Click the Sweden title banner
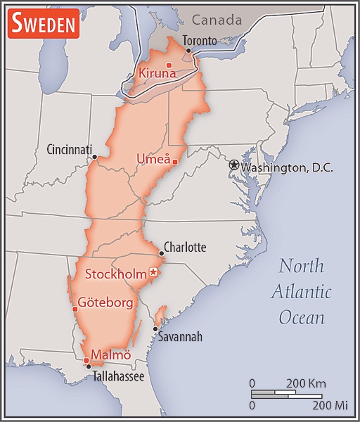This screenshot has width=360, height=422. (x=42, y=25)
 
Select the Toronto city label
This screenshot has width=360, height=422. (x=200, y=41)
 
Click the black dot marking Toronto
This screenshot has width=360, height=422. (x=188, y=51)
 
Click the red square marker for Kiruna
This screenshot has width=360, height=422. (x=169, y=65)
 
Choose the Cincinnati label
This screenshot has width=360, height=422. (x=70, y=150)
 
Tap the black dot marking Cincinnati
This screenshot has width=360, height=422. (x=94, y=158)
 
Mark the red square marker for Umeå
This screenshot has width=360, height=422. (x=174, y=162)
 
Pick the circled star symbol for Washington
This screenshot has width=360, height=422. (x=234, y=165)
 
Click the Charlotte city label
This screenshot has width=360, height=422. (x=185, y=248)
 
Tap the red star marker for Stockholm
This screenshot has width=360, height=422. (x=153, y=272)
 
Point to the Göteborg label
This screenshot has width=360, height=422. (x=105, y=302)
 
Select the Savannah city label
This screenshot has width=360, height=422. (x=180, y=337)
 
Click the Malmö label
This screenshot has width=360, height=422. (x=111, y=354)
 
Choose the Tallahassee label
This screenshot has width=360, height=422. (x=118, y=377)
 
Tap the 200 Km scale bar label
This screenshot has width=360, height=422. (x=306, y=383)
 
